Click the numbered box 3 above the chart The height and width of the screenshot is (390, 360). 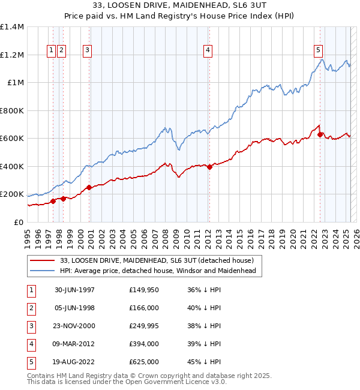click(x=88, y=50)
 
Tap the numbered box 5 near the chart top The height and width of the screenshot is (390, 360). click(x=317, y=50)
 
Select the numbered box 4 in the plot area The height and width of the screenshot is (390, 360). click(x=208, y=50)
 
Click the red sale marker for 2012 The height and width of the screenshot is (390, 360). click(x=209, y=167)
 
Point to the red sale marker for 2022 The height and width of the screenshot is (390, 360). click(x=320, y=135)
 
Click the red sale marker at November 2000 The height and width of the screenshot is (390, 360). click(x=89, y=187)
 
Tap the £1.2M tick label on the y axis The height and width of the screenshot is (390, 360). click(x=12, y=55)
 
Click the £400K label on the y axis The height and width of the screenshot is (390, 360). click(x=12, y=166)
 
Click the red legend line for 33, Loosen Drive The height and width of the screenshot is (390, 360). click(x=42, y=260)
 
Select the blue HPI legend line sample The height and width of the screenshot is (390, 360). click(x=42, y=271)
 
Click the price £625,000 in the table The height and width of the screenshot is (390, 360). click(x=144, y=362)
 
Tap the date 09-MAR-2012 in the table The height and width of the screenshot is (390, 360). click(x=76, y=344)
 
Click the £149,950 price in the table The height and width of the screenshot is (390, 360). click(x=144, y=290)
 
